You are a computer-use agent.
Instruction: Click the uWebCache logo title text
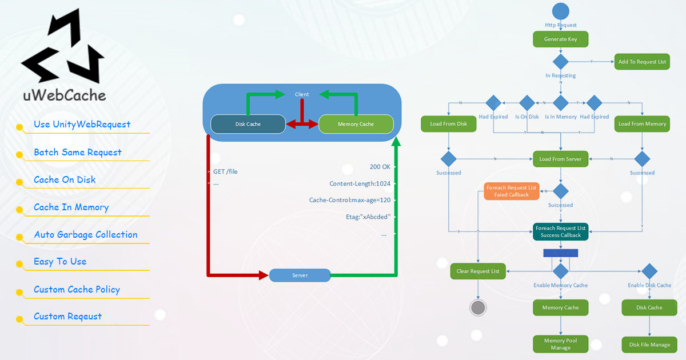(x=65, y=95)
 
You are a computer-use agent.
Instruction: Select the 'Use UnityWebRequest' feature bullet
(x=82, y=125)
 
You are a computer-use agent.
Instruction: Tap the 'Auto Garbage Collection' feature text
(x=86, y=235)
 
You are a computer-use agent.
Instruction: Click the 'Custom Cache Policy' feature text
(x=77, y=290)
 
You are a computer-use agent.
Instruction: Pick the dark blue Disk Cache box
(x=248, y=124)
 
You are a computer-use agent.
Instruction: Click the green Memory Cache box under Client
(x=356, y=124)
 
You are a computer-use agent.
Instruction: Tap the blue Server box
(x=300, y=275)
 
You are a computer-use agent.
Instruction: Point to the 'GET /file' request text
(x=226, y=171)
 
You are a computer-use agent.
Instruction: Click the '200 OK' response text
(x=380, y=167)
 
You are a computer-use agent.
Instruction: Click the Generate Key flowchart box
(x=560, y=39)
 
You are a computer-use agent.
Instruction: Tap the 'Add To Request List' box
(x=642, y=62)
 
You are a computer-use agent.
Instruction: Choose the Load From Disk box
(x=448, y=124)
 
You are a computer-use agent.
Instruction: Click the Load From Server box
(x=560, y=159)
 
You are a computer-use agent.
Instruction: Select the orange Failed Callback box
(x=511, y=191)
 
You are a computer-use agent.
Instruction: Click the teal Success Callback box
(x=560, y=231)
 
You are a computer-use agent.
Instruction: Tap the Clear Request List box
(x=478, y=271)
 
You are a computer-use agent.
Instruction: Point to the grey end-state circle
(x=478, y=308)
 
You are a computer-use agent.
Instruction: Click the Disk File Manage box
(x=649, y=345)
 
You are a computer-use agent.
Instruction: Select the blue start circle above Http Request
(x=560, y=11)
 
